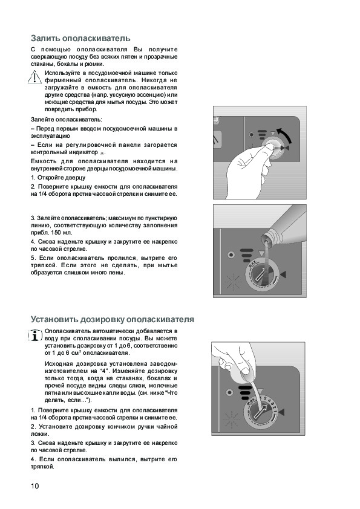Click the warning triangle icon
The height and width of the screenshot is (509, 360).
pos(34,77)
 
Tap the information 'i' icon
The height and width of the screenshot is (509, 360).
pos(35,336)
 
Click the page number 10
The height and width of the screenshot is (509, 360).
pos(34,485)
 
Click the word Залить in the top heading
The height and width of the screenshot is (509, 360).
pos(45,38)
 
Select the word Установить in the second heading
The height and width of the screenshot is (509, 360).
pos(54,319)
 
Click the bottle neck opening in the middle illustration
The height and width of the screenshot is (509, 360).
pos(266,239)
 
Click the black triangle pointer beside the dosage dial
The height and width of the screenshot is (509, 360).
pos(281,412)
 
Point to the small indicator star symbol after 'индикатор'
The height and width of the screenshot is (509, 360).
pos(102,153)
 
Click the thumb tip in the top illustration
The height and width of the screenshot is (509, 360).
pos(269,148)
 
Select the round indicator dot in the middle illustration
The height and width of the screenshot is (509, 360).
pos(231,254)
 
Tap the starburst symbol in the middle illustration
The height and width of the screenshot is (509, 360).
pos(233,282)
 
